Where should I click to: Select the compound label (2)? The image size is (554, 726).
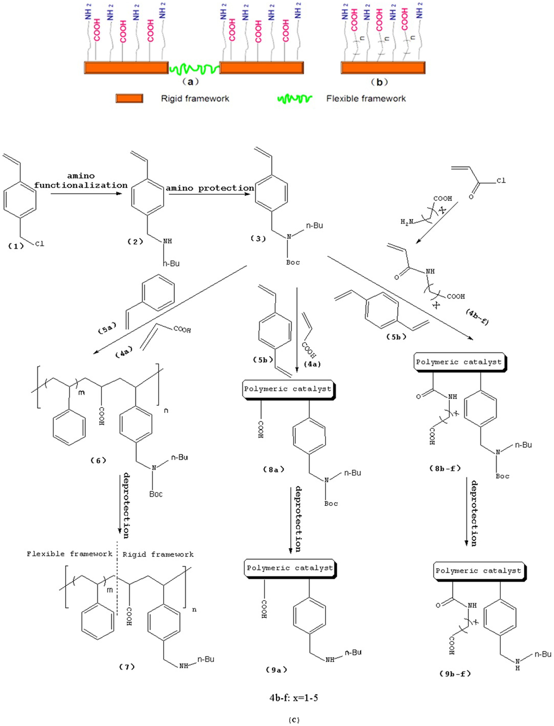pyautogui.click(x=135, y=242)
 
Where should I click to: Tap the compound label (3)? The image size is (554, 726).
pyautogui.click(x=258, y=239)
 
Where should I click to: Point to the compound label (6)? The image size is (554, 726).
pyautogui.click(x=98, y=461)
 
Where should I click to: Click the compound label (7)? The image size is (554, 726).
pyautogui.click(x=127, y=667)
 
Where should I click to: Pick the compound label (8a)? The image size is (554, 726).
pyautogui.click(x=273, y=469)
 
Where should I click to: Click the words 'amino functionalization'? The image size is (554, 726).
pyautogui.click(x=81, y=181)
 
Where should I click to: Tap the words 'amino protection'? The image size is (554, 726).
pyautogui.click(x=210, y=188)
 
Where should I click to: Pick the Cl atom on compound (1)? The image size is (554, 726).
pyautogui.click(x=40, y=244)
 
